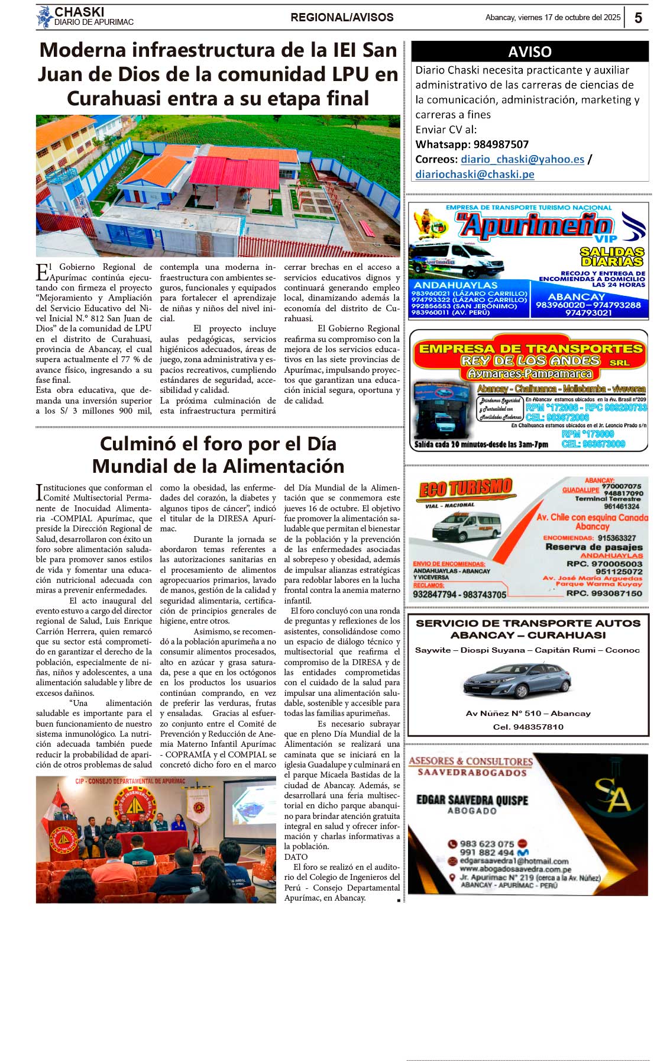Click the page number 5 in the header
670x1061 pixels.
(x=638, y=18)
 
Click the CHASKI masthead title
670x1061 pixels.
(x=79, y=12)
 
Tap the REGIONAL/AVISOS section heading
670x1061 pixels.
(x=342, y=18)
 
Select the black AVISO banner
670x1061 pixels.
(x=529, y=51)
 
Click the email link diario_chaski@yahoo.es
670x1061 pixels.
(x=522, y=159)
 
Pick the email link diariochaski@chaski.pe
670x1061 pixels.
(x=474, y=174)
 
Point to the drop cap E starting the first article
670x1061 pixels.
(x=42, y=272)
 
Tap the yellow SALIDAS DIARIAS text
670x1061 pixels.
(x=611, y=257)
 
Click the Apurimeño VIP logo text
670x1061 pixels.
(x=535, y=227)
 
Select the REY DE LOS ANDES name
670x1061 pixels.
(x=530, y=360)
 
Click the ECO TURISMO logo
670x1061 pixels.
(x=465, y=488)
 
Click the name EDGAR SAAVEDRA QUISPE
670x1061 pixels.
(x=472, y=800)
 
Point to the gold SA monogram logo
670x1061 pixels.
(x=613, y=794)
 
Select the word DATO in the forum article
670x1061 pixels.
(x=296, y=857)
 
